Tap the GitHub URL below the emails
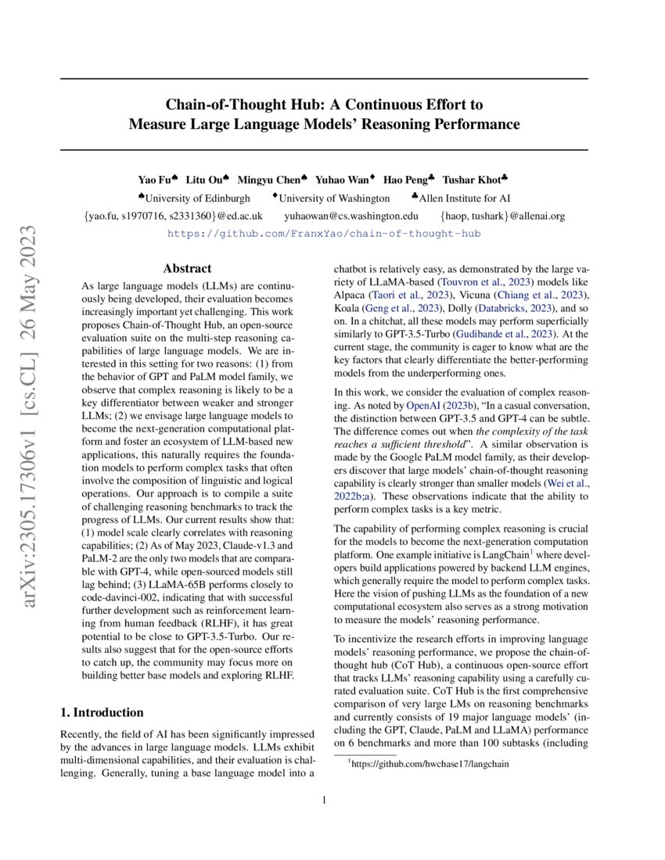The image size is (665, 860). [x=325, y=233]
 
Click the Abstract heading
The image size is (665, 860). [x=188, y=267]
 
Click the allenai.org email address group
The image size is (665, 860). [x=502, y=215]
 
